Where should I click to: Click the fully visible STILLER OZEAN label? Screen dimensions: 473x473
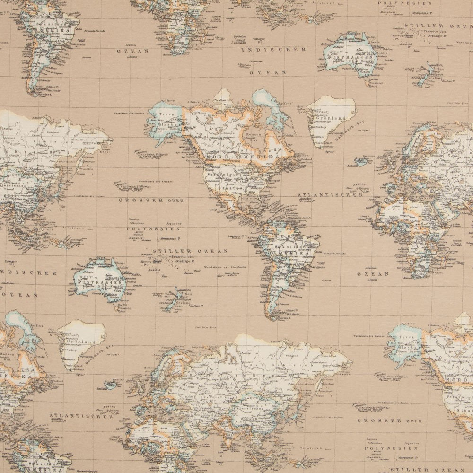(x=191, y=251)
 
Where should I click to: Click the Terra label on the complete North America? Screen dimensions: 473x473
(x=166, y=115)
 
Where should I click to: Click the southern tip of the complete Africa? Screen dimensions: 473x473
(x=419, y=275)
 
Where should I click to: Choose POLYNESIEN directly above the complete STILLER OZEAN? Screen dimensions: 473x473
(x=147, y=228)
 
